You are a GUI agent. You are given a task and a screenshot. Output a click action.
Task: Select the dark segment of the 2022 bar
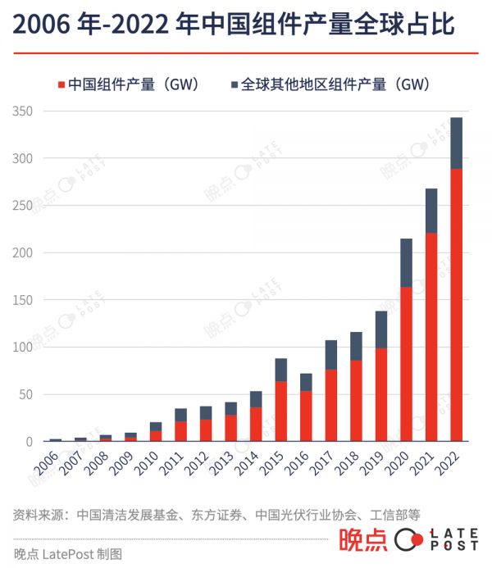pyautogui.click(x=457, y=143)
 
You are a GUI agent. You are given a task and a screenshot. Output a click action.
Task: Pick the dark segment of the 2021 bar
pyautogui.click(x=431, y=211)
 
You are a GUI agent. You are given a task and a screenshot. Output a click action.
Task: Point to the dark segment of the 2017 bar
pyautogui.click(x=331, y=355)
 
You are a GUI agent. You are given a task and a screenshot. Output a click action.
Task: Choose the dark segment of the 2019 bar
pyautogui.click(x=381, y=329)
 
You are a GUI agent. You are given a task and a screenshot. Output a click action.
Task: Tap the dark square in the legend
pyautogui.click(x=235, y=84)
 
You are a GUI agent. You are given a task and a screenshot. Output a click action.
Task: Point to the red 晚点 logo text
pyautogui.click(x=363, y=541)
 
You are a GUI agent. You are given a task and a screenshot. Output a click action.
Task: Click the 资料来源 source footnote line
pyautogui.click(x=217, y=515)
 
